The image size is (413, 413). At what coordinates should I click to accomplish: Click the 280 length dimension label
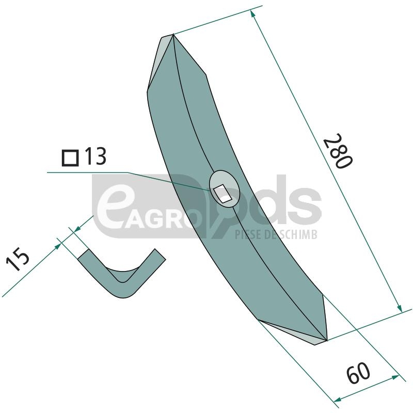point(338,151)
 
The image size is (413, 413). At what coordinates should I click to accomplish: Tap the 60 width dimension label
point(358,373)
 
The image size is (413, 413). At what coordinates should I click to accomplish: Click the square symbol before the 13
point(70,158)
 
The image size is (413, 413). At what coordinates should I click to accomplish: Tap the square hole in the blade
point(222,194)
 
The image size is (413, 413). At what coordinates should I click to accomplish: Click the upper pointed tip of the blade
point(173,35)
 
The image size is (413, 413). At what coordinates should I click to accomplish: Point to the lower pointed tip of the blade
point(327,340)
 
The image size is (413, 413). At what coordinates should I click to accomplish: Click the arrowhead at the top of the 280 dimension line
point(252,14)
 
